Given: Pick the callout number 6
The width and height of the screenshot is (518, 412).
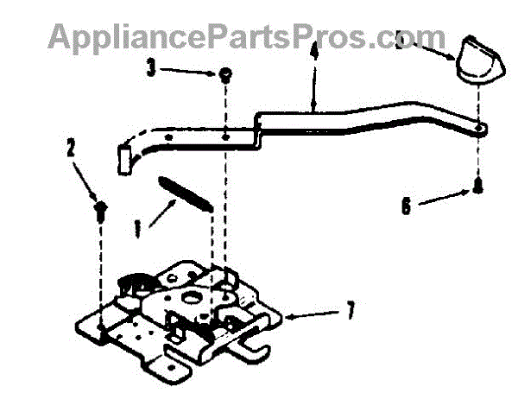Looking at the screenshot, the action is tap(405, 206).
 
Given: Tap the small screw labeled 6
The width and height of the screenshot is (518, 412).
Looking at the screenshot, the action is tap(476, 186).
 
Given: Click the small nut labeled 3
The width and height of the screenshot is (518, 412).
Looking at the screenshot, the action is tap(223, 75).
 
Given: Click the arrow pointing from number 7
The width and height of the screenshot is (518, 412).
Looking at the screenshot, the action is tap(315, 312).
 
